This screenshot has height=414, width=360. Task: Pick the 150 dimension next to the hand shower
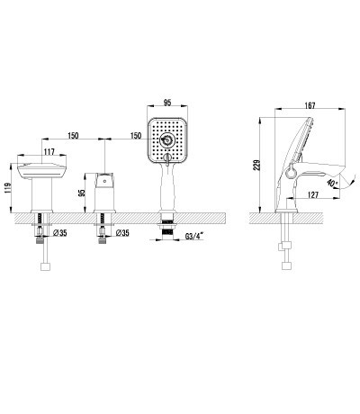coord(135,135)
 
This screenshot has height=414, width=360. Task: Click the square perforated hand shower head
coord(167,140)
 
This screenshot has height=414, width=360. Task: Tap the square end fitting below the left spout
coord(42,266)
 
